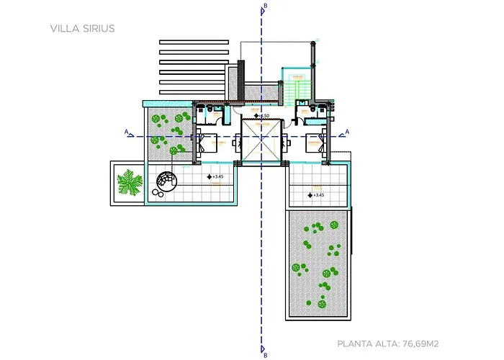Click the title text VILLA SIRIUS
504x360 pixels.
tap(83, 29)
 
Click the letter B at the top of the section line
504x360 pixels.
tap(266, 6)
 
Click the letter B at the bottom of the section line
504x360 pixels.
tap(266, 354)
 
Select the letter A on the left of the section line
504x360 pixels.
tap(127, 132)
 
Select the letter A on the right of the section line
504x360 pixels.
tap(348, 132)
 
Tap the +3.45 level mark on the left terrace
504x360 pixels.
tap(215, 176)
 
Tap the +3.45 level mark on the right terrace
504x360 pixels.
tap(315, 194)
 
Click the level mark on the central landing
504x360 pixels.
tap(263, 116)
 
